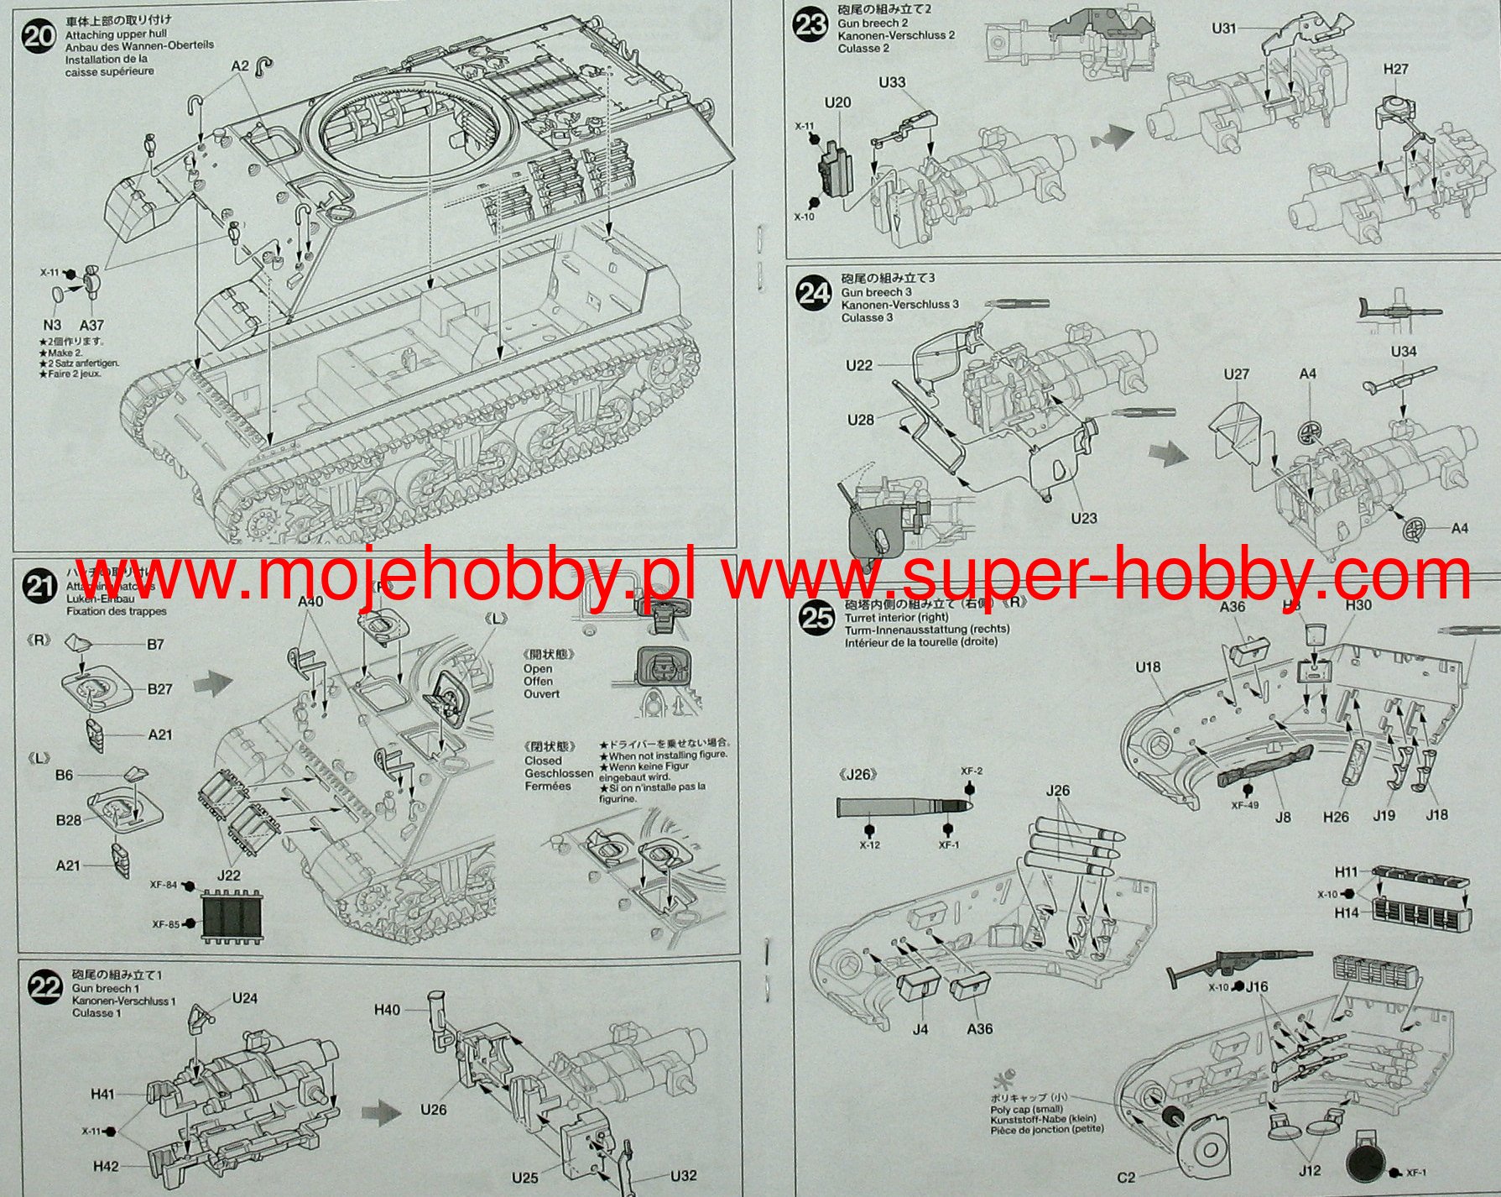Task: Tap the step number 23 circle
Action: coord(810,24)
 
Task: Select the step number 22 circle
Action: coord(44,987)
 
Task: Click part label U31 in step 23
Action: coord(1224,29)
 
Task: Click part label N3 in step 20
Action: coord(52,325)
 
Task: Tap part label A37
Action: coord(91,325)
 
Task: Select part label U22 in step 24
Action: coord(859,365)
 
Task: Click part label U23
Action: coord(1083,518)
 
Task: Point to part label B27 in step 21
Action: coord(159,689)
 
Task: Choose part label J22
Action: coord(228,875)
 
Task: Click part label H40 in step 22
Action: coord(387,1010)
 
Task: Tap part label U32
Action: coord(683,1175)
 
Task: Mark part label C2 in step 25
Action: coord(1126,1178)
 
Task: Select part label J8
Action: coord(1283,817)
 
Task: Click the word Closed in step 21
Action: coord(543,761)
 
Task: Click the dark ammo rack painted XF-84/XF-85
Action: coord(234,919)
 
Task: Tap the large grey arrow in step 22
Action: coord(382,1115)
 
